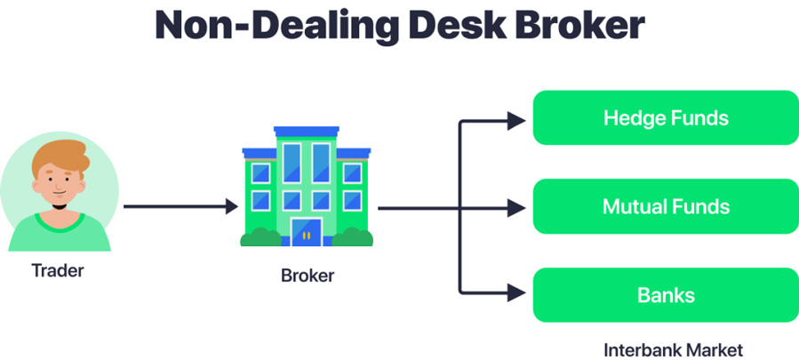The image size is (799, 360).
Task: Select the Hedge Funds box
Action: pyautogui.click(x=666, y=117)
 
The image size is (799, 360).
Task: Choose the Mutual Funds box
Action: pyautogui.click(x=666, y=207)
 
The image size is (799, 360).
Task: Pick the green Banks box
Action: pyautogui.click(x=666, y=295)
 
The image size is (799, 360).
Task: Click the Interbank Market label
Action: pyautogui.click(x=673, y=348)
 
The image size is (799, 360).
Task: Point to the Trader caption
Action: pyautogui.click(x=58, y=269)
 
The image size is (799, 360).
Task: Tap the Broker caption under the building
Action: pyautogui.click(x=308, y=276)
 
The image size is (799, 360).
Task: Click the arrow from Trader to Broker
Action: pyautogui.click(x=178, y=207)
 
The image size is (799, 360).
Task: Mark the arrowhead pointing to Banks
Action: pyautogui.click(x=516, y=291)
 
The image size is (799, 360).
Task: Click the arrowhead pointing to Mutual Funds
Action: pyautogui.click(x=516, y=208)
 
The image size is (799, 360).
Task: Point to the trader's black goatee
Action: pyautogui.click(x=59, y=206)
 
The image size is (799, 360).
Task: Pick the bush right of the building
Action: pyautogui.click(x=353, y=237)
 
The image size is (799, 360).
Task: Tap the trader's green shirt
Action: pyautogui.click(x=59, y=233)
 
